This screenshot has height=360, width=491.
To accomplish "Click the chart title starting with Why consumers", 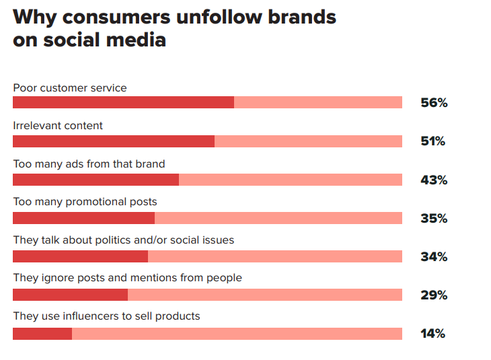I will click(x=175, y=28).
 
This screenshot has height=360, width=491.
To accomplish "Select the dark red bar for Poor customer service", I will click(x=123, y=102).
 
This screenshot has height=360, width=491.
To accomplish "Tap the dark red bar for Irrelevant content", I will click(x=114, y=141).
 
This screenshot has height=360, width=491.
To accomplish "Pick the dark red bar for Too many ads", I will click(x=96, y=180).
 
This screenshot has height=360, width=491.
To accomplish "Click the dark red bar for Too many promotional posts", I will click(x=83, y=218).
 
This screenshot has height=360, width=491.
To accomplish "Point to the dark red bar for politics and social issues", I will click(x=80, y=256).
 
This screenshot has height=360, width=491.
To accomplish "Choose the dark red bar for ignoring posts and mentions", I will click(x=70, y=295).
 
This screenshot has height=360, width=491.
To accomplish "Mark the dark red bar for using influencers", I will click(x=42, y=333).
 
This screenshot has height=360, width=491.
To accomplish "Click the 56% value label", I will click(x=433, y=103).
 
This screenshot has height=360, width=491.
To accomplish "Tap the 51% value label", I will click(x=432, y=141).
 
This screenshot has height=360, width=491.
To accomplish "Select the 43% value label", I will click(x=433, y=180).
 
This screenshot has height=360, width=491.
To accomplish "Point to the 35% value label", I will click(x=433, y=218).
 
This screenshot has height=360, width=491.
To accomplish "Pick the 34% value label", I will click(x=433, y=256).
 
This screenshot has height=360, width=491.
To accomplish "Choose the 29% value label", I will click(x=433, y=295).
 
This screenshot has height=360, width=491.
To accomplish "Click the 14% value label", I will click(x=432, y=333).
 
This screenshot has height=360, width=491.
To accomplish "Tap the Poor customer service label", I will click(x=70, y=88).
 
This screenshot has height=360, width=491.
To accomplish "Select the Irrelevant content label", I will click(x=58, y=126).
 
